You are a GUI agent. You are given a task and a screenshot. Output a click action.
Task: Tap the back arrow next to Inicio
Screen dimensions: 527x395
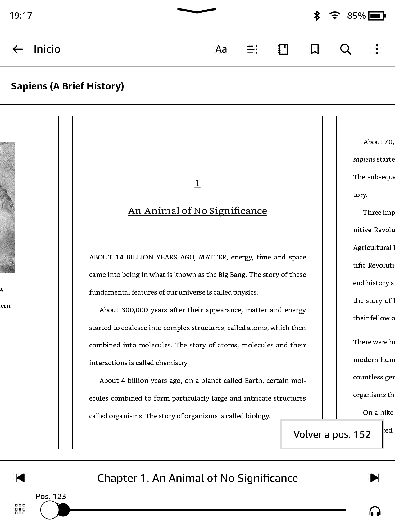pos(18,49)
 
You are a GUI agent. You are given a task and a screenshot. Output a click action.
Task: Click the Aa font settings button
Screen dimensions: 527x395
pos(221,49)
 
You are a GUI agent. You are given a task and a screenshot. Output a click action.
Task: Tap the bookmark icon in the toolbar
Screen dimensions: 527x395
pos(315,49)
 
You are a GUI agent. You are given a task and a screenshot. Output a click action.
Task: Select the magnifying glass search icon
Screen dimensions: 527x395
pos(346,49)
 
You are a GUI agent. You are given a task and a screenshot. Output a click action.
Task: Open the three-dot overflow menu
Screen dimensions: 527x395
pos(377,49)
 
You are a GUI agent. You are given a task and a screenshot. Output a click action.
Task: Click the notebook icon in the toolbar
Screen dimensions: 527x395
pos(283,49)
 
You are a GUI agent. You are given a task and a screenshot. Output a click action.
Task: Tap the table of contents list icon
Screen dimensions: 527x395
pos(252,49)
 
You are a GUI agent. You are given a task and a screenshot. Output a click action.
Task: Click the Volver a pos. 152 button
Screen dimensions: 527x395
pos(332,434)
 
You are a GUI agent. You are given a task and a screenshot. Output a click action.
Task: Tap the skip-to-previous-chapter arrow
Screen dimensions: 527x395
pos(20,478)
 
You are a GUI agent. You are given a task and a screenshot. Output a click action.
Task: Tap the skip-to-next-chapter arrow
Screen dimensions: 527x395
pos(375,478)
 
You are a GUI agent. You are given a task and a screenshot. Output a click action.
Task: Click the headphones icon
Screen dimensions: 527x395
pos(375,511)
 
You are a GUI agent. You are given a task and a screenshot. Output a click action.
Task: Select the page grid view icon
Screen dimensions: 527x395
pos(20,509)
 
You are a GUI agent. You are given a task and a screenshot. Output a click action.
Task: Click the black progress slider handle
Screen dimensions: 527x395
pos(64,510)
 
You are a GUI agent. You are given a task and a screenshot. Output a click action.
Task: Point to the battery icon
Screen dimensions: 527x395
pos(377,16)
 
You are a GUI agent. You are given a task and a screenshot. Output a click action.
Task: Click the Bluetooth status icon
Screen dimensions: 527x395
pos(316,16)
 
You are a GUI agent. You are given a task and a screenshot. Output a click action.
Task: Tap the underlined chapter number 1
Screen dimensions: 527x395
pos(197,183)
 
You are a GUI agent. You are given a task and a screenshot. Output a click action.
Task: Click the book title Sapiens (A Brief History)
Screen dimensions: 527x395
pos(67,86)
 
